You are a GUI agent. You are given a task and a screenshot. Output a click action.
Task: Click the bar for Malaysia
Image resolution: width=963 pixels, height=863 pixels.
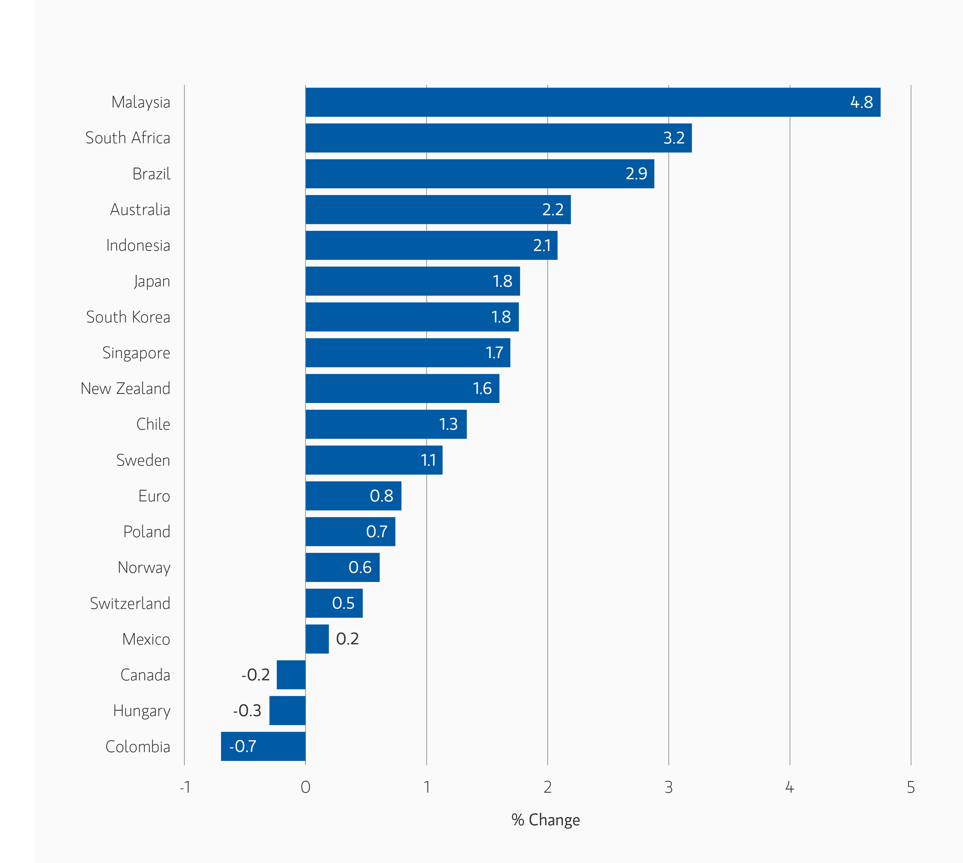(x=593, y=102)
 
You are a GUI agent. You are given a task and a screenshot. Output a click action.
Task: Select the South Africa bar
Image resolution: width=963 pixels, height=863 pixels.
(x=498, y=138)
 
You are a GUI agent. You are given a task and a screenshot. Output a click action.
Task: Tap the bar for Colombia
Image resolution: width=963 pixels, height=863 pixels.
(x=263, y=746)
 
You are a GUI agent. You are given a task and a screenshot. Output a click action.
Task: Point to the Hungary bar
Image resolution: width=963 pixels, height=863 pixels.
(x=287, y=710)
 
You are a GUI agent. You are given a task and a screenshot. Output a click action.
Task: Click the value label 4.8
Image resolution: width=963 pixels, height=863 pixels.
(x=861, y=102)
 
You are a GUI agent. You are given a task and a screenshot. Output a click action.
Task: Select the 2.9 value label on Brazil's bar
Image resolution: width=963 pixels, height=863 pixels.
(x=636, y=174)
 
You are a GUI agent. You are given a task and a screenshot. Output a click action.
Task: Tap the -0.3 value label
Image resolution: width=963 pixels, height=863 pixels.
(x=247, y=710)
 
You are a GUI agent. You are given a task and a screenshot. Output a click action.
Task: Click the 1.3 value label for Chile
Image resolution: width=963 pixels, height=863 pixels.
(x=448, y=424)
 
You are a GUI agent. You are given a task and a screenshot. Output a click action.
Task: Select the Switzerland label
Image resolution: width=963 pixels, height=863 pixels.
(x=130, y=603)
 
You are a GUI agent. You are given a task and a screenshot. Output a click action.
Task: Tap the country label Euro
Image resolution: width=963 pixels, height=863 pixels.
(x=154, y=496)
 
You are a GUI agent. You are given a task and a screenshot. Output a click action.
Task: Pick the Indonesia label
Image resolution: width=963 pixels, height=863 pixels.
(x=138, y=245)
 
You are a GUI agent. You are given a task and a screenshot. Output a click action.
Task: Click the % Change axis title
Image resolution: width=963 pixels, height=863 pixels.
(x=545, y=820)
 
